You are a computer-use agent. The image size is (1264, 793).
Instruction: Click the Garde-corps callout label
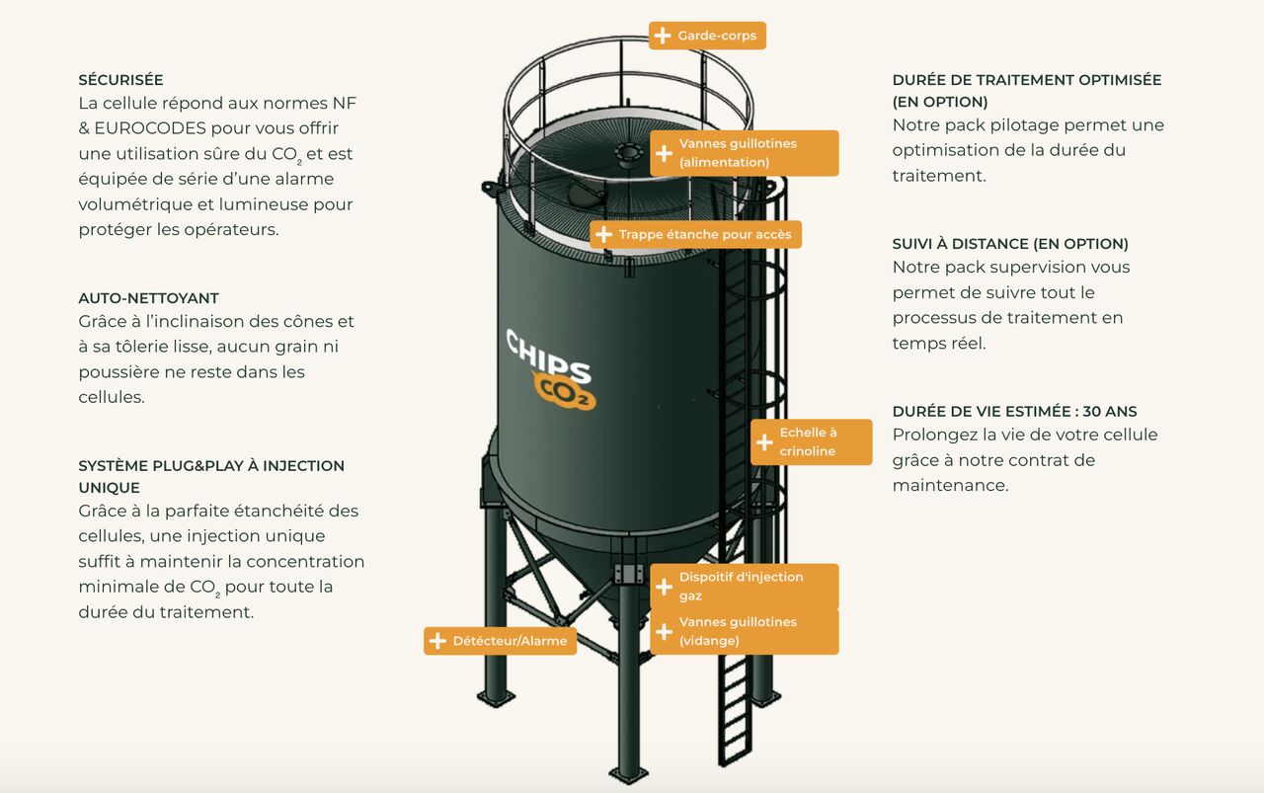pos(707,36)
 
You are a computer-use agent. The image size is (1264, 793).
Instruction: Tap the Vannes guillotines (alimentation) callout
pos(745,153)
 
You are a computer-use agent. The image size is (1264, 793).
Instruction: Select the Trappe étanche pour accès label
pos(696,234)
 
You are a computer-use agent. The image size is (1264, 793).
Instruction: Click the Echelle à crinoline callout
pos(812,442)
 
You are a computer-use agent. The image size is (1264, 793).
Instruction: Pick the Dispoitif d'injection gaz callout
pos(745,587)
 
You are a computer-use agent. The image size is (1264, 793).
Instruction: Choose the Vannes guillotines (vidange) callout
pos(745,632)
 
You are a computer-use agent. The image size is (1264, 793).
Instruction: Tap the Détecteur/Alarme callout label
pos(500,641)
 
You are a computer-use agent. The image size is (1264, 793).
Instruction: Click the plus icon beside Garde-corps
pos(663,36)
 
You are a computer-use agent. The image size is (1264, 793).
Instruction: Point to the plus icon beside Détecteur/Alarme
pos(437,641)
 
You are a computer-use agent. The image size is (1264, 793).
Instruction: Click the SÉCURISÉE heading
pos(120,80)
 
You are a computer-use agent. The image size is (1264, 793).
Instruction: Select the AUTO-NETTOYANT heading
pos(148,298)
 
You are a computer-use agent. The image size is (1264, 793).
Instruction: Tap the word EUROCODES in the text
pos(150,128)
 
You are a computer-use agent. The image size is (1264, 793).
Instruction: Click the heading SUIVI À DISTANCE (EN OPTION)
pos(1010,244)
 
